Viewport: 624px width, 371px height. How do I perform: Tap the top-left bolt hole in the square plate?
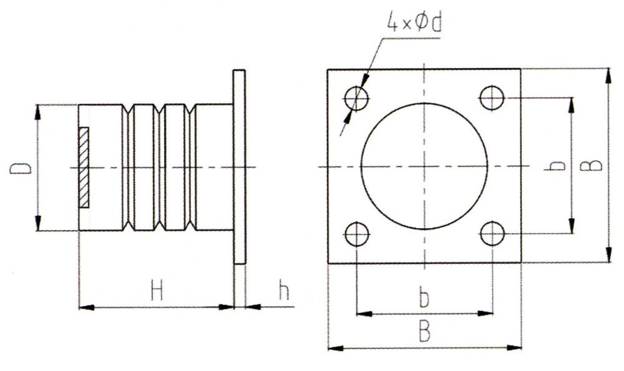pos(356,98)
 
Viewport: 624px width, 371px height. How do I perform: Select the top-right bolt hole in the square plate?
pos(492,97)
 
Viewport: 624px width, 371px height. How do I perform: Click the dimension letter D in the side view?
pos(19,168)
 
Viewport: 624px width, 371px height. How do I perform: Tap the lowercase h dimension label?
pos(284,291)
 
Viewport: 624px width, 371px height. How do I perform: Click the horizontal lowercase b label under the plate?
pos(424,299)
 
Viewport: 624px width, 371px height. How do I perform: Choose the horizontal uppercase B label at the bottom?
pos(424,332)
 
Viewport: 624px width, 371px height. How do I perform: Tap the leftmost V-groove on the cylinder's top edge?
pos(129,108)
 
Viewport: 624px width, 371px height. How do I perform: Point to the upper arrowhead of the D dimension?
pos(39,111)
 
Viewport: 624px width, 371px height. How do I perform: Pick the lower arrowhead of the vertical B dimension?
pos(608,256)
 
